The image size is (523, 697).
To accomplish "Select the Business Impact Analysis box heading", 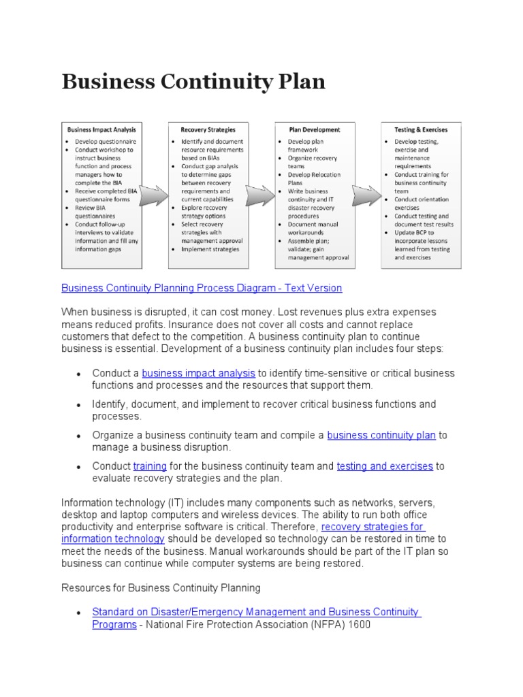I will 101,129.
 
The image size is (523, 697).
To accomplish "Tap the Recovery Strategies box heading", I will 208,129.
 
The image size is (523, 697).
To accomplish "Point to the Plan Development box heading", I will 314,129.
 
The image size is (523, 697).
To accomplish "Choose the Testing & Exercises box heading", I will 421,129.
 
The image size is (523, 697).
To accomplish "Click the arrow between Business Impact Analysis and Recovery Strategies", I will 155,196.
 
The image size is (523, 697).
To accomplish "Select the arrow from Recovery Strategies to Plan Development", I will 261,196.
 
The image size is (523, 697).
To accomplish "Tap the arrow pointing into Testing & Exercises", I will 366,196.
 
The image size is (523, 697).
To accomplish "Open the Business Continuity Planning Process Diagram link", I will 202,288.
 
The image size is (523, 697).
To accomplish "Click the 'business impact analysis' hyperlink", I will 198,373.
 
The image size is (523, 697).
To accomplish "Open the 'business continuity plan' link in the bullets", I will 381,435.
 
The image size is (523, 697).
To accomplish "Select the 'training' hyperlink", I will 150,466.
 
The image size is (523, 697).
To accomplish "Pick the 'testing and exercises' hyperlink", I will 385,466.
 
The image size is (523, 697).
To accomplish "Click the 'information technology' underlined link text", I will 113,538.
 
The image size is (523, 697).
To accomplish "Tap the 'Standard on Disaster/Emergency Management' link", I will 256,612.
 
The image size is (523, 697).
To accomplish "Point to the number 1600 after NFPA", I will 358,624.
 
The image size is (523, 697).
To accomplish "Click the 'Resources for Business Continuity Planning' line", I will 161,587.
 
